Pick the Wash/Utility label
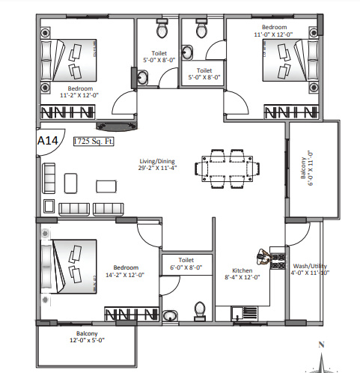click(x=308, y=266)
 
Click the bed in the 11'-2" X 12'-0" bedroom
click(x=69, y=58)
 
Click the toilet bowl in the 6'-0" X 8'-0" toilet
click(x=200, y=310)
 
